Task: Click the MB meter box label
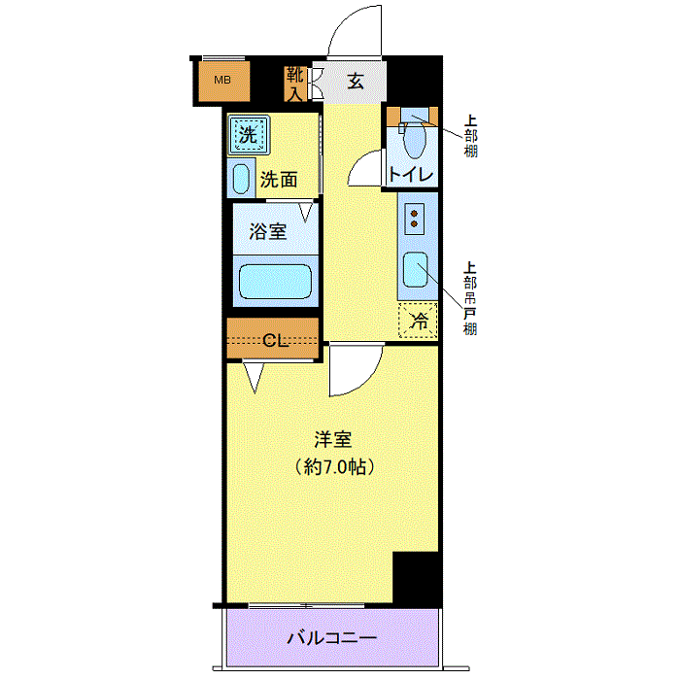pos(222,81)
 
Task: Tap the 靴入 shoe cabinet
pos(295,85)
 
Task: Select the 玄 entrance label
pos(356,81)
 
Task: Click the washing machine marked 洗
pos(249,134)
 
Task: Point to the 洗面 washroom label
pos(279,180)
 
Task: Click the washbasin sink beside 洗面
pos(241,179)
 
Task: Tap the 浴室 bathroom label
pos(268,231)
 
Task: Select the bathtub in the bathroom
pos(275,281)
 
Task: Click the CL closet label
pos(276,341)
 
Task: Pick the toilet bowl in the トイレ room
pos(414,139)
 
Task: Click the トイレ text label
pos(411,174)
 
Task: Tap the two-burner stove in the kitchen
pos(414,219)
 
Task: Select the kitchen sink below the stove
pos(416,270)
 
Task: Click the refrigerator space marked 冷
pos(418,321)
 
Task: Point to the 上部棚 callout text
pos(470,136)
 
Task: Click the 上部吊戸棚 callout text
pos(470,298)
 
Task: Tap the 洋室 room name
pos(333,440)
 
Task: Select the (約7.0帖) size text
pos(334,467)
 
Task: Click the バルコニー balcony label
pos(332,638)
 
